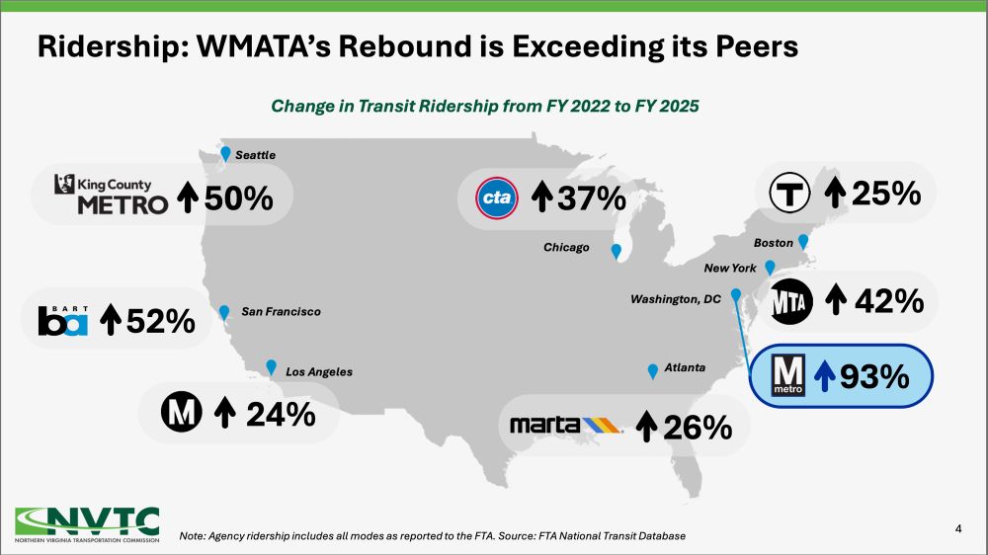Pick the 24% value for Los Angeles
[277, 414]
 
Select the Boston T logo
[790, 194]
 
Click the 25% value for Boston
[884, 194]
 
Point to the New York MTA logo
[790, 301]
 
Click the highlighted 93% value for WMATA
[872, 376]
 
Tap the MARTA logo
[565, 425]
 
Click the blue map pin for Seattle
[226, 153]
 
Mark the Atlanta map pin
[652, 371]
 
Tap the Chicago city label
[566, 248]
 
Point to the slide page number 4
[958, 529]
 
